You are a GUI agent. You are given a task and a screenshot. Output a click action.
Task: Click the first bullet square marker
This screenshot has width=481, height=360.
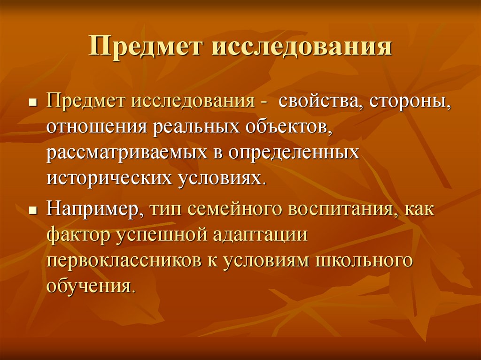[32, 102]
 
